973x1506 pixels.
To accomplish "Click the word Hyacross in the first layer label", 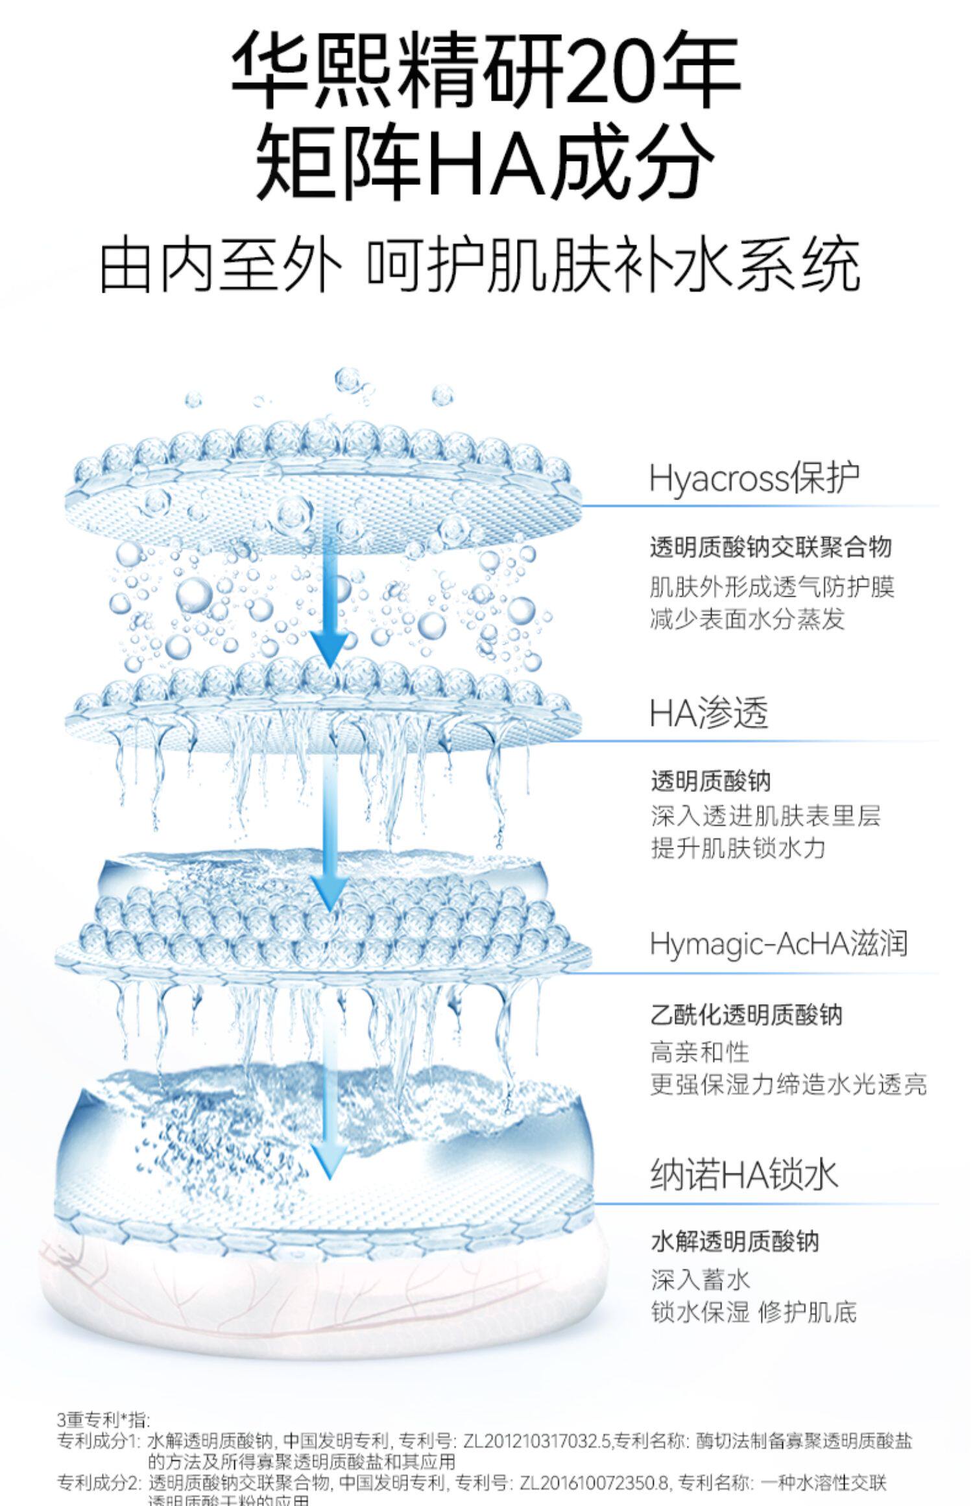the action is pos(719,479).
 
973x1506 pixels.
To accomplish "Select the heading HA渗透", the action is pos(708,713).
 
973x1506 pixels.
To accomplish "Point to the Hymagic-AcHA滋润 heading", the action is pos(778,944).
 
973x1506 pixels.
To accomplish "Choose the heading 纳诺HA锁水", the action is pos(744,1175).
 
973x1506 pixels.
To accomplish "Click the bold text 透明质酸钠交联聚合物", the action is pos(771,547).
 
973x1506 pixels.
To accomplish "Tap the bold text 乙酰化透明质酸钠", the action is pos(746,1014).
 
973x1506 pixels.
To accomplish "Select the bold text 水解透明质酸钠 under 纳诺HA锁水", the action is pos(735,1241).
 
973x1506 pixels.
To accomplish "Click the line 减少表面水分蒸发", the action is pos(747,619).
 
